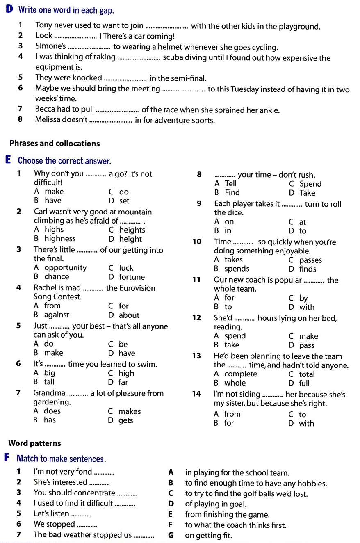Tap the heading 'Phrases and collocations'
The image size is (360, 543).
pos(55,144)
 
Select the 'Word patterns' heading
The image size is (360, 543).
pos(34,443)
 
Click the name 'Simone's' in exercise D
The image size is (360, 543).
pos(50,46)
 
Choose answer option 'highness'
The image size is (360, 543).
pos(60,239)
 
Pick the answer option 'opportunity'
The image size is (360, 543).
pos(65,268)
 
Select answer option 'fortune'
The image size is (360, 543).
pos(132,277)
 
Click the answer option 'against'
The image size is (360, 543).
pos(57,315)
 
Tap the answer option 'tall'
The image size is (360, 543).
pos(49,382)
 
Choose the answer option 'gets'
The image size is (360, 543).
pos(125,420)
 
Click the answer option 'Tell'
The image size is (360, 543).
pos(231,184)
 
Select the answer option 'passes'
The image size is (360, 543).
pos(310,260)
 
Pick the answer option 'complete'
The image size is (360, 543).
pos(241,374)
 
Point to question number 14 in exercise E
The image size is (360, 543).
pos(196,394)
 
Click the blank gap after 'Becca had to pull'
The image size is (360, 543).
pos(117,110)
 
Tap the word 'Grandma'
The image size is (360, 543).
pos(49,393)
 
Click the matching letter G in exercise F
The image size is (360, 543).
pos(171,535)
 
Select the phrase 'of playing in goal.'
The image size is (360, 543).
pos(216,504)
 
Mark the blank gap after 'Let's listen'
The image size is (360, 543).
pos(81,514)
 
